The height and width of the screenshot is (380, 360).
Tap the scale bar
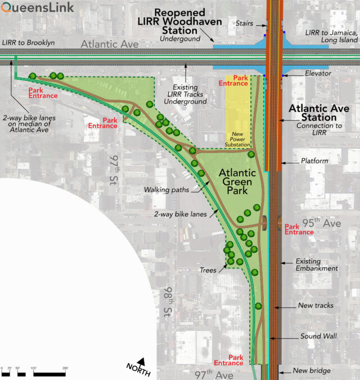34,373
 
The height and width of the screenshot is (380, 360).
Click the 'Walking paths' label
164,190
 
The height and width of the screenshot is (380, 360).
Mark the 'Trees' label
208,271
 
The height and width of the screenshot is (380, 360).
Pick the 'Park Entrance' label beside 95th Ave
299,230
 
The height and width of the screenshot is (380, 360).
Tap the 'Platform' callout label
314,162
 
